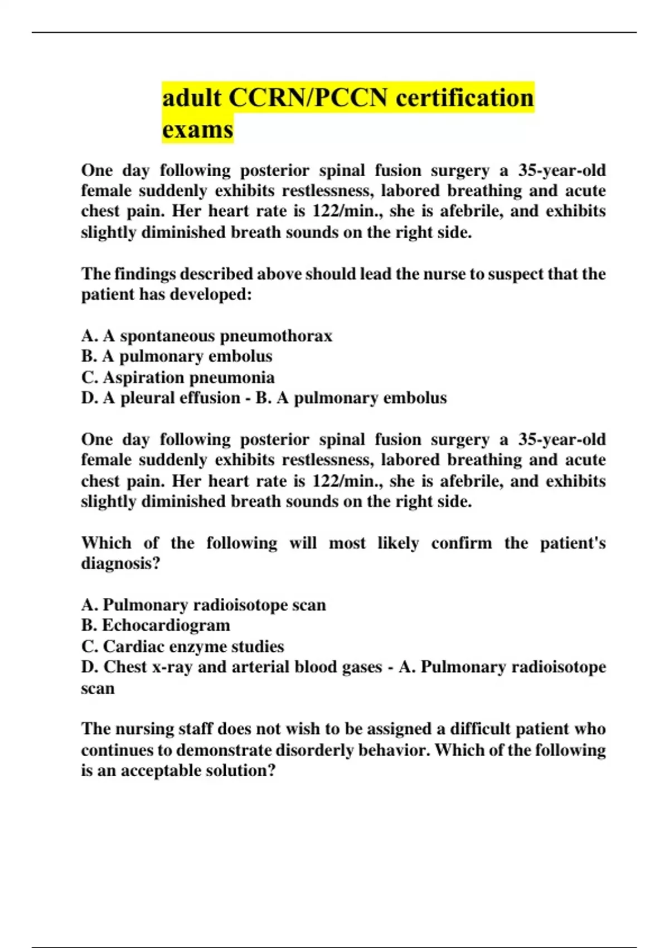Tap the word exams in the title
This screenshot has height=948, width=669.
tap(197, 130)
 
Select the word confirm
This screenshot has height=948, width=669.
tap(461, 543)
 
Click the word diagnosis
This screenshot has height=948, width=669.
tap(119, 563)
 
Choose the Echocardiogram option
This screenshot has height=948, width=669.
tap(166, 626)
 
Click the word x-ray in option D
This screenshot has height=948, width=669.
tap(172, 667)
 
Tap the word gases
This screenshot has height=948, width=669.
tap(359, 667)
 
